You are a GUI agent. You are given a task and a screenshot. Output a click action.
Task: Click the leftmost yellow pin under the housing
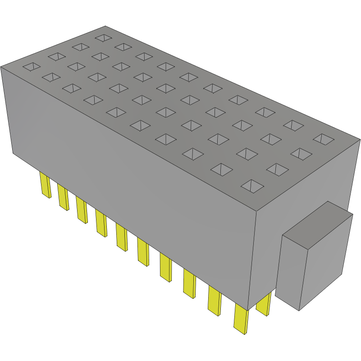pyautogui.click(x=45, y=185)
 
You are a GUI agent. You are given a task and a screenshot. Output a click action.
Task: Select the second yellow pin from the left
pyautogui.click(x=63, y=197)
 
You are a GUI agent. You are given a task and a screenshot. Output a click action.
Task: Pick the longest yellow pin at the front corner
pyautogui.click(x=241, y=320)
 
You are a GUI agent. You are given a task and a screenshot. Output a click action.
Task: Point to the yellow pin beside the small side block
pyautogui.click(x=264, y=305)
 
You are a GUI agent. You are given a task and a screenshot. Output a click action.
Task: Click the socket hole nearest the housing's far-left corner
pyautogui.click(x=31, y=67)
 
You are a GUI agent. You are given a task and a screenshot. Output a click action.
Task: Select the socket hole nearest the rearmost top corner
pyautogui.click(x=103, y=37)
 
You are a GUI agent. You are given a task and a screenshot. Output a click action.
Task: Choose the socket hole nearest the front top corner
pyautogui.click(x=253, y=186)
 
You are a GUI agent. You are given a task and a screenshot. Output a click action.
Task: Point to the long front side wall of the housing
pyautogui.click(x=135, y=180)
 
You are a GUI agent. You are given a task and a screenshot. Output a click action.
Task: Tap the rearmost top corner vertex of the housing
pyautogui.click(x=105, y=26)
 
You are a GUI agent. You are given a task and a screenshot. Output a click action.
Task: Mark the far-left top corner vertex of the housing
pyautogui.click(x=1, y=67)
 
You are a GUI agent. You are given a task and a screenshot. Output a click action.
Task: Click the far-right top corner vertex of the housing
pyautogui.click(x=359, y=140)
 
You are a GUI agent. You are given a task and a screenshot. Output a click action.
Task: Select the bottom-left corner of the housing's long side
pyautogui.click(x=13, y=153)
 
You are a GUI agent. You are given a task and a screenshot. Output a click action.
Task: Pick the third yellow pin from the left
pyautogui.click(x=82, y=210)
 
